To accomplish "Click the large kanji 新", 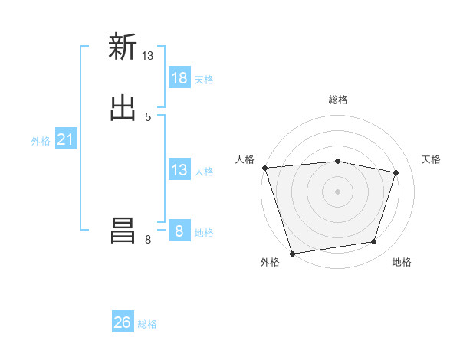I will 123,47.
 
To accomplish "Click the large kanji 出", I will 123,108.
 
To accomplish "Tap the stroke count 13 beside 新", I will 148,55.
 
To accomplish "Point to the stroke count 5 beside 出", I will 148,116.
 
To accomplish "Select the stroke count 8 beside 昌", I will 148,240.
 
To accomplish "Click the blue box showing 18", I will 179,77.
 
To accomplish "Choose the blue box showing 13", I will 179,170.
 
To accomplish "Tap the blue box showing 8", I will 179,231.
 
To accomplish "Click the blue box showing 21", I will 66,139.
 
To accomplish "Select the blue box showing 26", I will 123,322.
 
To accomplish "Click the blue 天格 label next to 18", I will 204,79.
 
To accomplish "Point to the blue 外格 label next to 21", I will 41,141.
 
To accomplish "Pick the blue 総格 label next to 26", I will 147,324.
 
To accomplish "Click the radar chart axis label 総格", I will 338,100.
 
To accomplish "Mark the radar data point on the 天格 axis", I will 396,172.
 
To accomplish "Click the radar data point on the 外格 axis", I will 292,253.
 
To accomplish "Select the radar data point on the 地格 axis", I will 374,242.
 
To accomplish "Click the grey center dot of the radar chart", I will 338,191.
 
